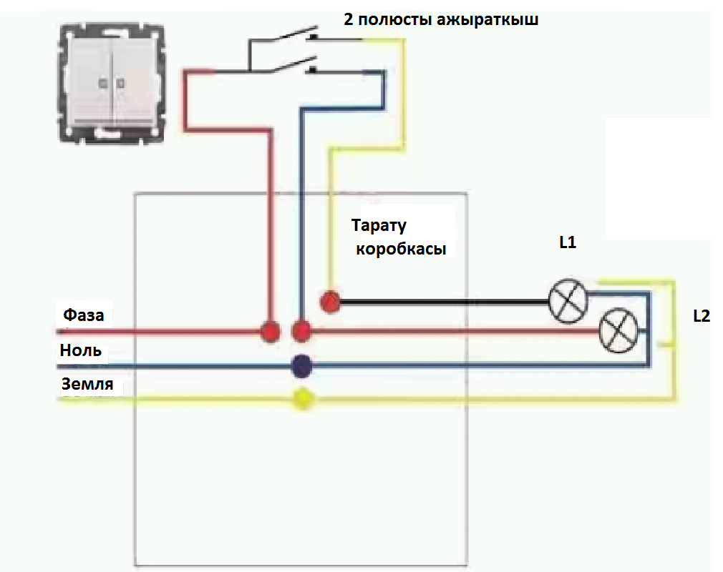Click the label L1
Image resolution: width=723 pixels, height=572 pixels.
(x=568, y=242)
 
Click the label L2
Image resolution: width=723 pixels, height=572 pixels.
(x=702, y=315)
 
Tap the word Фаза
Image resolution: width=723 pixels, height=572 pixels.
(x=84, y=315)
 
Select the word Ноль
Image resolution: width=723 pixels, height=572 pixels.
(x=80, y=351)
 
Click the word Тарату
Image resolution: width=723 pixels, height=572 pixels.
(x=379, y=226)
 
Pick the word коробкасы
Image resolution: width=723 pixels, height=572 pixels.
(x=401, y=250)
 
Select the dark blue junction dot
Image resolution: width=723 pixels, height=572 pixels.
(x=302, y=366)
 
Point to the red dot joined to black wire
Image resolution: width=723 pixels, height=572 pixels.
(x=330, y=302)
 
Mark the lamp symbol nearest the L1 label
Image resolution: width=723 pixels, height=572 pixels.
(x=568, y=300)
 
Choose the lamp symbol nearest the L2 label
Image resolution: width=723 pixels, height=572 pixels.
(x=618, y=331)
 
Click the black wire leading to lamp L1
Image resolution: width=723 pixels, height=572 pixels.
(x=444, y=303)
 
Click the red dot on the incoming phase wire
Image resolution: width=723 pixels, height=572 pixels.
(x=270, y=332)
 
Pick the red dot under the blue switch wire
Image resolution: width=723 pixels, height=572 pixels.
(x=302, y=331)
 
